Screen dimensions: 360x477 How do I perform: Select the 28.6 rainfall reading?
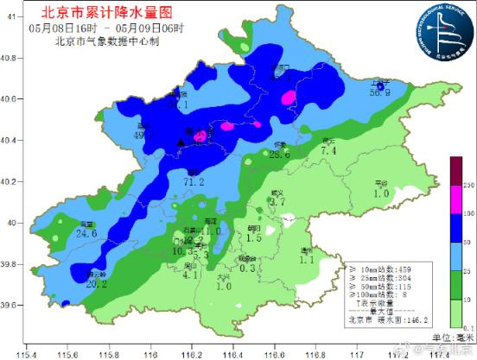279,155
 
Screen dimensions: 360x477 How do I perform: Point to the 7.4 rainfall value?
328,151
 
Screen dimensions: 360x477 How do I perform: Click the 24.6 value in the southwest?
86,233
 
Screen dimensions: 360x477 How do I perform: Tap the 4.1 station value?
191,275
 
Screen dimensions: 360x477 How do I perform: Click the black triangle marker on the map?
181,142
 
